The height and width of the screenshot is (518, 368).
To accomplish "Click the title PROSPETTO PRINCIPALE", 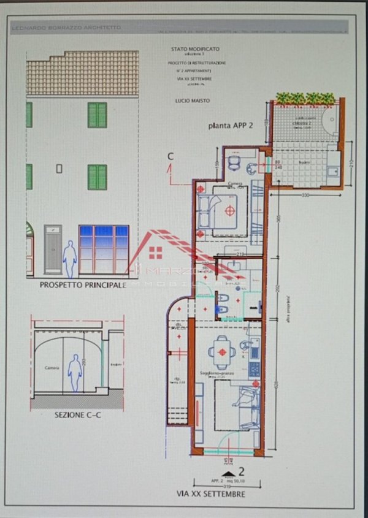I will [x=83, y=285].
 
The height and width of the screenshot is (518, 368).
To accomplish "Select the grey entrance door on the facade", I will [x=53, y=249].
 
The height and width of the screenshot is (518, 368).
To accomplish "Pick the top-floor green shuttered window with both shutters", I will [x=97, y=115].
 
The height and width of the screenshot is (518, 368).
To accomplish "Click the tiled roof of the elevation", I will [x=83, y=72].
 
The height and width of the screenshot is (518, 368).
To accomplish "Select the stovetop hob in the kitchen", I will [x=253, y=369].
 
